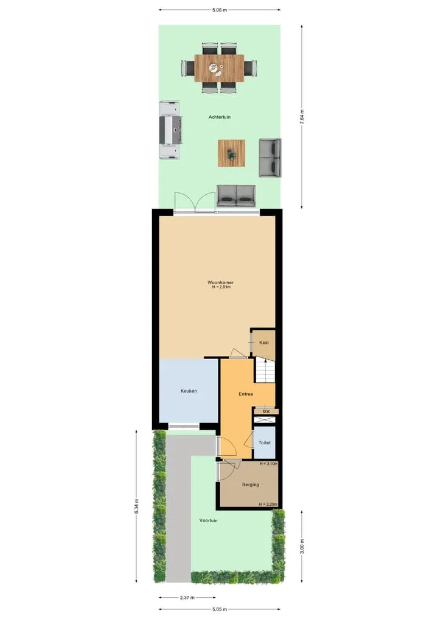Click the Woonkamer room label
pos(221,282)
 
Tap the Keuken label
pos(189,391)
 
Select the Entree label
pos(246,394)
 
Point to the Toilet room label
pos(265,443)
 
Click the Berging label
pos(251,484)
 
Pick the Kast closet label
pos(264,343)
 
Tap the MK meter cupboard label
pos(266,411)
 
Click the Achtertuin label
pos(220,117)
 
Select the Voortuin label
pos(208,520)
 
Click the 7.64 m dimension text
pos(302,117)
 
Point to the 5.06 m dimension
pos(220,10)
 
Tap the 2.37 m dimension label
pos(187,598)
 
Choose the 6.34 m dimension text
pos(136,506)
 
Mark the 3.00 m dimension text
pos(302,547)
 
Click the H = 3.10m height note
pos(268,464)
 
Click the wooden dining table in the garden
pos(219,68)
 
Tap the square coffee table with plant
pos(232,153)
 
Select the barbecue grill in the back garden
pos(170,130)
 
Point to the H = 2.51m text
pos(221,287)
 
